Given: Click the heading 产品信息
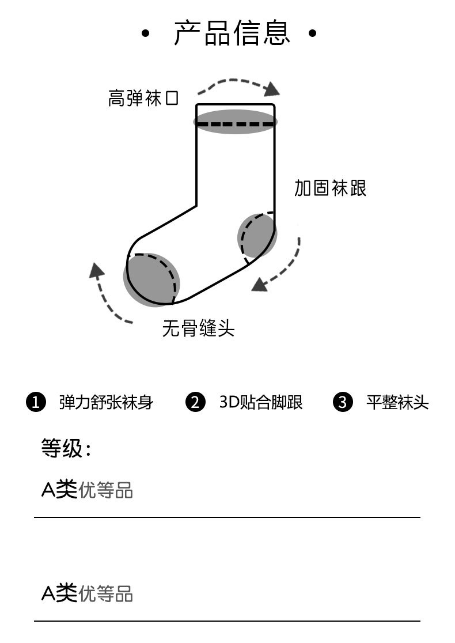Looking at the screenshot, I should tap(232, 33).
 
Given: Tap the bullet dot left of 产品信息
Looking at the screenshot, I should tap(145, 34).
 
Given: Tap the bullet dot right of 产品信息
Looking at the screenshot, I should tap(312, 34).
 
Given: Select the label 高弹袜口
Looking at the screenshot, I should tap(143, 98).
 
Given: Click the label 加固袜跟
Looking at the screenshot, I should tap(330, 188).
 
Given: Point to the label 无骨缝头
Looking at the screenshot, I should tap(198, 328).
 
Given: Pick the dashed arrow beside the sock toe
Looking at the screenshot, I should tap(106, 293).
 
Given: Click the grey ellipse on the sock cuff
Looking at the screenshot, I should tap(235, 122).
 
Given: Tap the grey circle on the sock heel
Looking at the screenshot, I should tap(257, 235).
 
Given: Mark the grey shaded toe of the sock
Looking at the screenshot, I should tap(151, 279).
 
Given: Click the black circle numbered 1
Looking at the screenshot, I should tap(36, 402).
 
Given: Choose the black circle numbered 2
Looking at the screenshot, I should tap(195, 402).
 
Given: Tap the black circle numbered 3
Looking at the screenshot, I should tap(343, 402).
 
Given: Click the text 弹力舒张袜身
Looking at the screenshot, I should tap(106, 402).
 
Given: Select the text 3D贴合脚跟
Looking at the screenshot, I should tap(261, 402).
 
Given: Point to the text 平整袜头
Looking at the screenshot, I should tap(397, 402).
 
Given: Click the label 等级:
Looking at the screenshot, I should tap(66, 448).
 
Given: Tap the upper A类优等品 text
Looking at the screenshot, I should tap(87, 490).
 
